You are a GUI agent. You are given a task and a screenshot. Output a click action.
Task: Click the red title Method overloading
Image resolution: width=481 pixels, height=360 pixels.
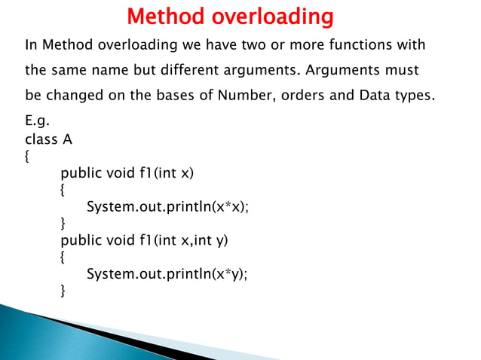point(229,16)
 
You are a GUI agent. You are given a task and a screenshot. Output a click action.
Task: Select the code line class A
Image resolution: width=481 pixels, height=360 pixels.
point(49,140)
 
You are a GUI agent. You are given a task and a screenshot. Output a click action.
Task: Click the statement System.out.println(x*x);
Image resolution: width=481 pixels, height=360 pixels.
point(167,206)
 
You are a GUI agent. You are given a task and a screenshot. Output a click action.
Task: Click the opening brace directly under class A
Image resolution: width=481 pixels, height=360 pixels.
point(28,157)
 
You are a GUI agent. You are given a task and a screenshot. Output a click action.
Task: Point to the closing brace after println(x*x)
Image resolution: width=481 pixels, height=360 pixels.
point(63,223)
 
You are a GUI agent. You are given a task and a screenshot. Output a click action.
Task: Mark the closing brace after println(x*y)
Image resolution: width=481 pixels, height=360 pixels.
point(63,290)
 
